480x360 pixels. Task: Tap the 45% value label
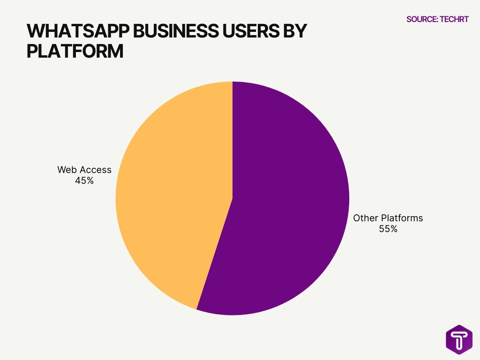click(x=84, y=180)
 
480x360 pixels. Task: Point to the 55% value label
click(x=388, y=229)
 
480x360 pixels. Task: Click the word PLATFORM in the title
click(x=75, y=51)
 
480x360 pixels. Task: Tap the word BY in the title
click(x=294, y=31)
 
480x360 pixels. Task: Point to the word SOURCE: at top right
click(x=422, y=19)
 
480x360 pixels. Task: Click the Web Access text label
click(x=84, y=170)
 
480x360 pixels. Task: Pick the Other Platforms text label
click(x=388, y=218)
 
